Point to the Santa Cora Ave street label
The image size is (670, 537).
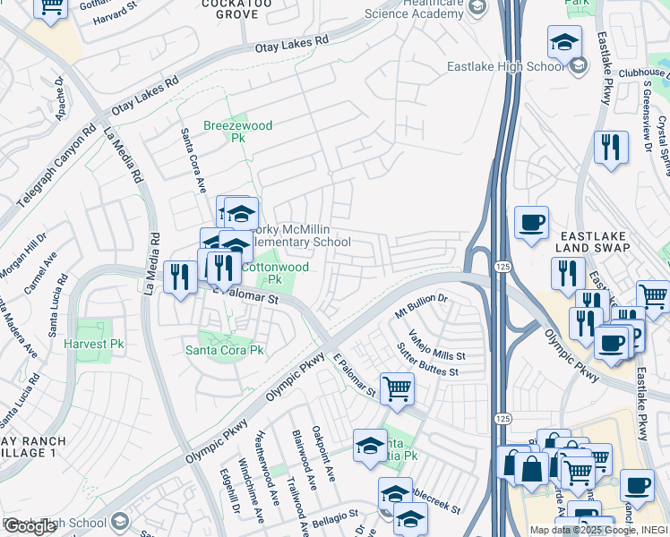[194, 160]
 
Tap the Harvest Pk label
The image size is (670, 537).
[92, 344]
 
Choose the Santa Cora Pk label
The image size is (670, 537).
[224, 350]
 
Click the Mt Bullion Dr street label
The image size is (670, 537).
[421, 309]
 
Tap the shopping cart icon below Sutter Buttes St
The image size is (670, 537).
[397, 388]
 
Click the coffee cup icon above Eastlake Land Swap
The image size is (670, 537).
[531, 222]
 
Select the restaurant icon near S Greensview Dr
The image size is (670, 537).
[611, 147]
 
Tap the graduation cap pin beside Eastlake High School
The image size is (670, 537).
[564, 42]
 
